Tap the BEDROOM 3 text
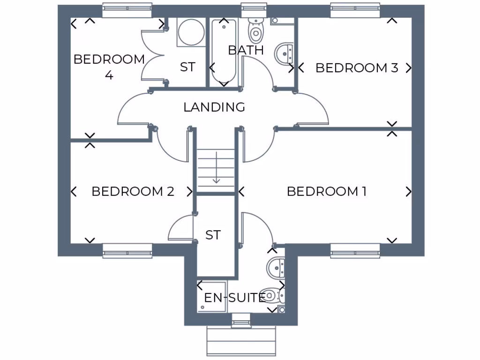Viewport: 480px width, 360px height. pos(357,68)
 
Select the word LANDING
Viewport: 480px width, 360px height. pos(214,107)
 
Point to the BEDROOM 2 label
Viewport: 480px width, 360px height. pos(133,191)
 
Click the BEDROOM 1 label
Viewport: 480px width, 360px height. pos(326,191)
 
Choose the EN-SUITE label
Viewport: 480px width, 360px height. pos(234,297)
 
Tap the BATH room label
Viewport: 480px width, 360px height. pos(246,50)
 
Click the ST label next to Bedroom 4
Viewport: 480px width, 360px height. pos(187,67)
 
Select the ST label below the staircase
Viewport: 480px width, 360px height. pos(213,235)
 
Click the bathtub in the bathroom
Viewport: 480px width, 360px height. pos(224,52)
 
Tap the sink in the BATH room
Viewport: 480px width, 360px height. pos(284,53)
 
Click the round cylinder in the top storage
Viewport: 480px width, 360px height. pos(191,32)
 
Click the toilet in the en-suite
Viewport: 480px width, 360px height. pos(273,295)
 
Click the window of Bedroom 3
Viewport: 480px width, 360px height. pos(355,10)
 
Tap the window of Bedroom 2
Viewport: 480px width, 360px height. pos(127,251)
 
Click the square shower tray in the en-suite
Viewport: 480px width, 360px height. pos(211,297)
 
